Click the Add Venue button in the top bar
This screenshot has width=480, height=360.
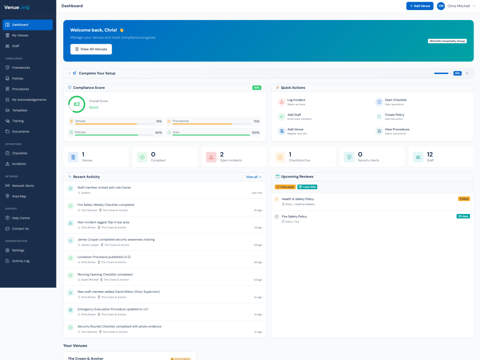[420, 6]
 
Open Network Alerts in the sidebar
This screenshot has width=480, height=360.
[23, 186]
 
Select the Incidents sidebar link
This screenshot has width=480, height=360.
[19, 164]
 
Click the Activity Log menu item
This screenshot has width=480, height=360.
[20, 261]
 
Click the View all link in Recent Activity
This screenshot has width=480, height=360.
[254, 177]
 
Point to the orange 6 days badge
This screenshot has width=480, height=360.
[464, 199]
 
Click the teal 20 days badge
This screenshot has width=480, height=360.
[463, 216]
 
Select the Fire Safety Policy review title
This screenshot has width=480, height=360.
[294, 216]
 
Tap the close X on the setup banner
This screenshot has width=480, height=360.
[467, 73]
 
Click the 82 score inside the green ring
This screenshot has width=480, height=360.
[77, 104]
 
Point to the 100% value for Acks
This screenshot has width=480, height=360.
[255, 132]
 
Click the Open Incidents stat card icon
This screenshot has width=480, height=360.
[211, 157]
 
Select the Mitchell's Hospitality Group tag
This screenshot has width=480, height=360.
[447, 41]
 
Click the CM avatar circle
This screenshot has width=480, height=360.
[441, 6]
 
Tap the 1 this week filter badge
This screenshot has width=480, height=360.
[285, 187]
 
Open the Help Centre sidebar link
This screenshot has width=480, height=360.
[21, 218]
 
